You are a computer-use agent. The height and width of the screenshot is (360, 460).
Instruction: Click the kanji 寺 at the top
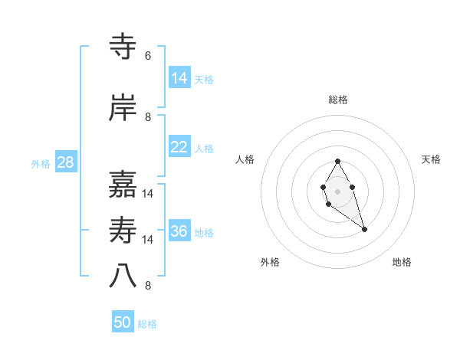123,47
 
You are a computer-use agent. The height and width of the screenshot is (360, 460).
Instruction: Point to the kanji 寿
123,231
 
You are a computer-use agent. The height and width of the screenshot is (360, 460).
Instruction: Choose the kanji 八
123,276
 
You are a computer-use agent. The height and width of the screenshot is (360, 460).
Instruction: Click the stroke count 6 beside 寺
148,56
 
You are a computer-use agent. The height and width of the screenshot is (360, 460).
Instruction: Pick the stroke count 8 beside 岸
148,117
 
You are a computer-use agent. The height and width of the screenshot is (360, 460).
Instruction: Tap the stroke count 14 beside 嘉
149,194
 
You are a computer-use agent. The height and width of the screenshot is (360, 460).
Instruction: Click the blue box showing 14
179,77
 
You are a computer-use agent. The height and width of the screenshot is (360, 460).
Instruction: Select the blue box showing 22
179,147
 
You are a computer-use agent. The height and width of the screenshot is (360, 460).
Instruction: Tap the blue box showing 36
179,231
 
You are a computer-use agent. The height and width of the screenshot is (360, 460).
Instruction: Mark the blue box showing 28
65,162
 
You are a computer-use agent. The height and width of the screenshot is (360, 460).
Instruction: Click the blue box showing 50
123,322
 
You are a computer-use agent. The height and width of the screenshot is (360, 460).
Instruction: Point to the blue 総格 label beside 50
147,324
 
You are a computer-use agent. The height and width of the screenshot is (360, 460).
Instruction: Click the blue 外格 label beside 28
41,164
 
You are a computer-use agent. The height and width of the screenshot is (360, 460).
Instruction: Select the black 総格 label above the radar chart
337,100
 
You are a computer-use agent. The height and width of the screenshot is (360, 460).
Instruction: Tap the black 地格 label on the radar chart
402,262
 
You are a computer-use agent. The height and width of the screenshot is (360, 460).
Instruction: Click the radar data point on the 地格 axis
364,229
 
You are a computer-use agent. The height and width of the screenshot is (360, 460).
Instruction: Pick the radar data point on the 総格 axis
337,161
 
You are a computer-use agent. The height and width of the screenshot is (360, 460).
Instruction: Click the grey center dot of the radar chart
337,190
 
